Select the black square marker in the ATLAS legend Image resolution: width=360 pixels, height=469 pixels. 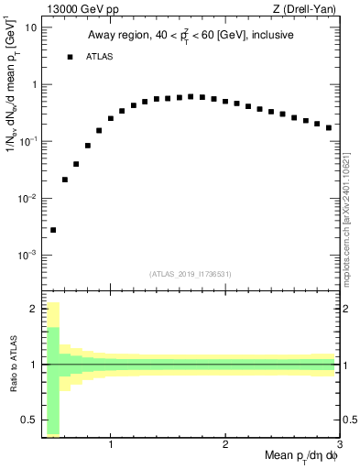[70, 57]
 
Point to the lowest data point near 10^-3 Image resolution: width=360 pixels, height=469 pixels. [53, 230]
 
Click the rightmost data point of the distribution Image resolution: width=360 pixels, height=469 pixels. [329, 127]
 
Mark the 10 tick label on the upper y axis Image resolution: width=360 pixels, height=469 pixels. [29, 27]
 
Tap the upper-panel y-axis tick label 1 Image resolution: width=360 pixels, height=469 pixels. [33, 84]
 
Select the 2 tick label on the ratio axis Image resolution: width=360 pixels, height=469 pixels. [33, 309]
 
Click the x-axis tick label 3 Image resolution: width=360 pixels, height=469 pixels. [339, 445]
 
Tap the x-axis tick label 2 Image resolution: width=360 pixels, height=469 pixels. [224, 445]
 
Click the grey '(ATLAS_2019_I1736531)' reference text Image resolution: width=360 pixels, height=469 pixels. [190, 274]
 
